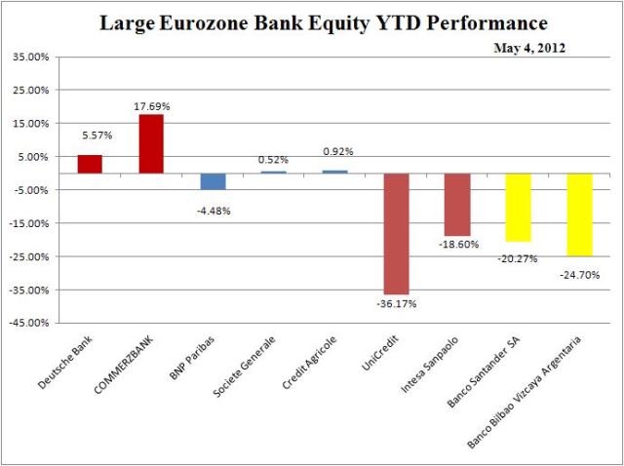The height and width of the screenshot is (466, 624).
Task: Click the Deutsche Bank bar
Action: pyautogui.click(x=90, y=164)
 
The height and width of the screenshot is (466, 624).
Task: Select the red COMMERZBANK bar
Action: pyautogui.click(x=151, y=143)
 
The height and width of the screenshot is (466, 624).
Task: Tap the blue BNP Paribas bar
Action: pyautogui.click(x=213, y=181)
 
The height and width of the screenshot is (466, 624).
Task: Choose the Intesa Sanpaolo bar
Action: pyautogui.click(x=457, y=205)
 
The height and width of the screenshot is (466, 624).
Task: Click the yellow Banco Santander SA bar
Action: pyautogui.click(x=518, y=208)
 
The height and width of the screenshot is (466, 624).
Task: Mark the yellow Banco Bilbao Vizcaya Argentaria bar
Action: pyautogui.click(x=579, y=214)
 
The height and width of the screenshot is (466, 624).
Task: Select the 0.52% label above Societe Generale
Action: pyautogui.click(x=274, y=160)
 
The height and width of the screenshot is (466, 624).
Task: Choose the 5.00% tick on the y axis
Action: pyautogui.click(x=31, y=156)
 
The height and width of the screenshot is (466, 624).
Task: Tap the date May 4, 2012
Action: pyautogui.click(x=531, y=47)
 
